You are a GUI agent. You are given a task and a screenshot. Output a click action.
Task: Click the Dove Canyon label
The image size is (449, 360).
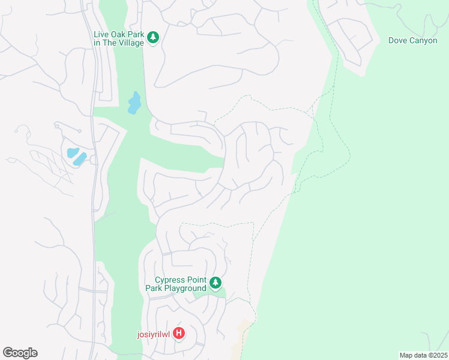coord(412,41)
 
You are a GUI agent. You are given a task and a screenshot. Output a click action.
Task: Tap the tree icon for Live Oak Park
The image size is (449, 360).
coord(154,38)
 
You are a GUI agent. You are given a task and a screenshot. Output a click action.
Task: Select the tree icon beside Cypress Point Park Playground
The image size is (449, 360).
coord(215,283)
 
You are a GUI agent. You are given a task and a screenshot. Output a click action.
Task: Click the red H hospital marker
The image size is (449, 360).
coord(178,333)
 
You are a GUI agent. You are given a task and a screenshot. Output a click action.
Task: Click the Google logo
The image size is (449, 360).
coord(20,353)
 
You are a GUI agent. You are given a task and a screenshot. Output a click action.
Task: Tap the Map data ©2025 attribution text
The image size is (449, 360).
coord(423,355)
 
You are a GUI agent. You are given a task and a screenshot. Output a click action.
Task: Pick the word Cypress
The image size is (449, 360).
coord(170,280)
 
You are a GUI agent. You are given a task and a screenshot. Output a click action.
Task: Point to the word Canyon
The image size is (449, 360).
coord(423,41)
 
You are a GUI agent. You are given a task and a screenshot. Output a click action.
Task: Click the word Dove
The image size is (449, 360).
coord(398,41)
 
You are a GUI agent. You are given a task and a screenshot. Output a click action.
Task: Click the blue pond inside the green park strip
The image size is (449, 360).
coord(134,103)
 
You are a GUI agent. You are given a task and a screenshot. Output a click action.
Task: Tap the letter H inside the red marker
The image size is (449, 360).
coord(178,333)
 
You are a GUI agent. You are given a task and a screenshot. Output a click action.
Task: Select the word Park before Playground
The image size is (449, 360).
coord(154,289)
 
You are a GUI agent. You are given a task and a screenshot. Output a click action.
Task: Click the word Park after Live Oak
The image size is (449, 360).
coord(136,35)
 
